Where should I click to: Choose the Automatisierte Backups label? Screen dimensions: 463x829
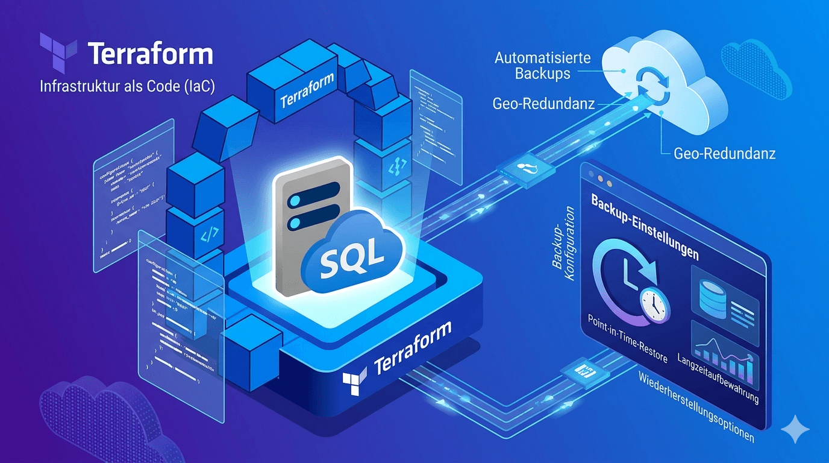pos(542,66)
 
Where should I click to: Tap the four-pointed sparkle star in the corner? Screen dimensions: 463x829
pos(795,429)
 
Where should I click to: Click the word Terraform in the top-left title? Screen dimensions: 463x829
pos(150,54)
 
